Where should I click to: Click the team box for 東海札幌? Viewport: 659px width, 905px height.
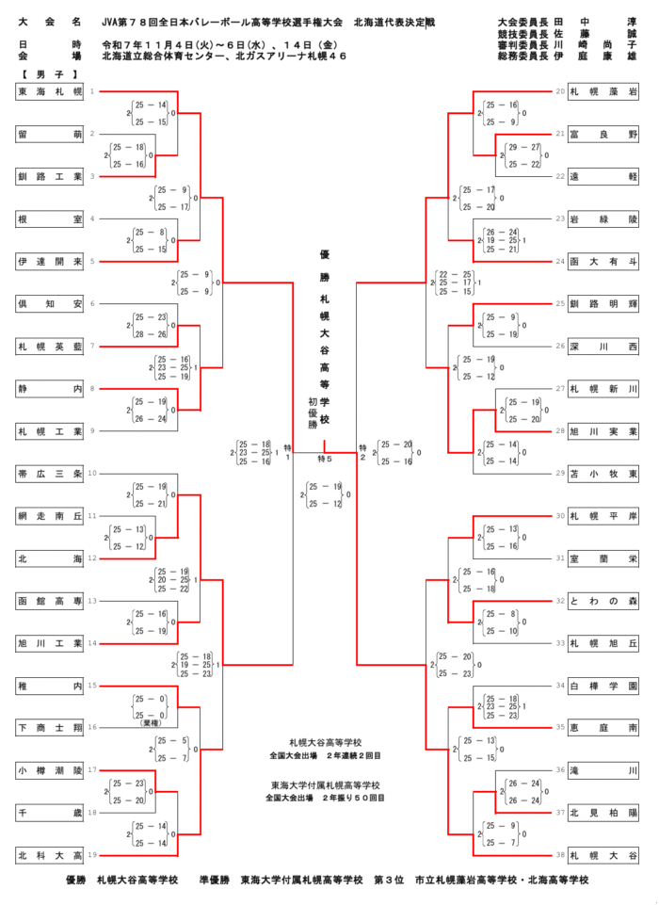point(50,91)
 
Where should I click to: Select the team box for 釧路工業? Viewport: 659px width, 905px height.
point(50,176)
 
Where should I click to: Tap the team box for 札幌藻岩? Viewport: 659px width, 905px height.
point(603,91)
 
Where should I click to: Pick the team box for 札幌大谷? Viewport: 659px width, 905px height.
point(603,855)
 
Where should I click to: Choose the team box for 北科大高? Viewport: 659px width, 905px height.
point(50,855)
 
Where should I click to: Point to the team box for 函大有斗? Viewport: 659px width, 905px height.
point(603,261)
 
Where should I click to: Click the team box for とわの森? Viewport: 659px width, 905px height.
point(603,601)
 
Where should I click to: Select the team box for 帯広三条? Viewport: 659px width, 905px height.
point(50,474)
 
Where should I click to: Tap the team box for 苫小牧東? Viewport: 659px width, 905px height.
point(603,474)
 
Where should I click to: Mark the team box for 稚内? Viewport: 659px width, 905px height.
point(50,686)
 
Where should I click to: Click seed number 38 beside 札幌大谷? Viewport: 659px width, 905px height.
point(560,855)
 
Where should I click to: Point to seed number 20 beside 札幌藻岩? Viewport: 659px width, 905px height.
point(560,91)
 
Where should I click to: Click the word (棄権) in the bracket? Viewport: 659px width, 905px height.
point(151,722)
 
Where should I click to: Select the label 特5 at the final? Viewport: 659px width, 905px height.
point(325,458)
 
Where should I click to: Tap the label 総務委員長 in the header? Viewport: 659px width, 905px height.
point(520,56)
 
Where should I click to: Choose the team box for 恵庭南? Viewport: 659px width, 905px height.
point(603,728)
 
